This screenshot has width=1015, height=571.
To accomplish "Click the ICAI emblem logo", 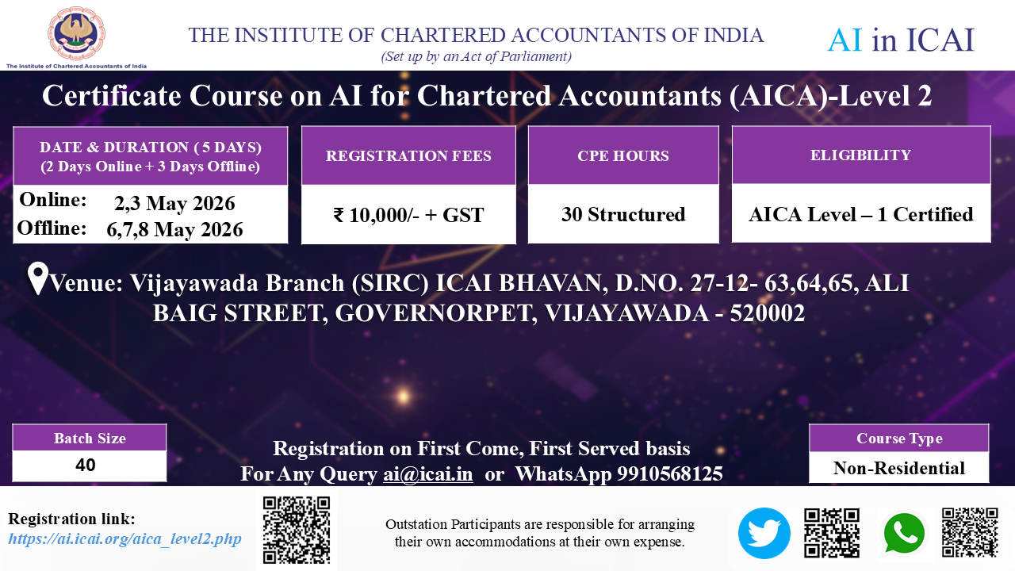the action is tap(77, 33).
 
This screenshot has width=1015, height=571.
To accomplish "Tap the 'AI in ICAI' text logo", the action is tap(901, 40).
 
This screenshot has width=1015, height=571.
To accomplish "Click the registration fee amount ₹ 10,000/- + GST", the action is tap(408, 215).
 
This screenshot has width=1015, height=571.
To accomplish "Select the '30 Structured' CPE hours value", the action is tap(623, 214).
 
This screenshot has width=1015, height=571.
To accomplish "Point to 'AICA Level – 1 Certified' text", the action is tap(861, 214).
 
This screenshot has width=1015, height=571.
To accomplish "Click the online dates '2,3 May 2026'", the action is tap(174, 203).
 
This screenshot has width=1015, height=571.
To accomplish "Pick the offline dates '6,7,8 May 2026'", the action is tap(174, 229).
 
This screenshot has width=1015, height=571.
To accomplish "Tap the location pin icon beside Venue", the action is tap(37, 278).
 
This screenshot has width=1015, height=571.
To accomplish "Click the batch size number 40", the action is tap(85, 465).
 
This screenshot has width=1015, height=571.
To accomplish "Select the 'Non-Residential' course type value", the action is tap(899, 468).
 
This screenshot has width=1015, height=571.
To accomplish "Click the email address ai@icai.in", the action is tap(427, 474).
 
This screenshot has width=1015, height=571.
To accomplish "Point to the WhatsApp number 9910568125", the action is tap(670, 474).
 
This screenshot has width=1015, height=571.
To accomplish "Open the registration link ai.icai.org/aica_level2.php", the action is tap(124, 538).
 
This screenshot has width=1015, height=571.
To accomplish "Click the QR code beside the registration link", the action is tap(297, 530).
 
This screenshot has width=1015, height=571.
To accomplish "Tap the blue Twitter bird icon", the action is tap(764, 533).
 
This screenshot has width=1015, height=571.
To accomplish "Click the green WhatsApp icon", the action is tap(904, 534).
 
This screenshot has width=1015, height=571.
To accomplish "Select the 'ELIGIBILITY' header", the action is tap(861, 155).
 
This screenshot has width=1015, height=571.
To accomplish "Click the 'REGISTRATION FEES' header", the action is tap(408, 156).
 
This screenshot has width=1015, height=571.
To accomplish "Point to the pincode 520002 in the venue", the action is tap(767, 312).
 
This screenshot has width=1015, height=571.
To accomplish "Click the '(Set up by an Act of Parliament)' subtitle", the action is tap(477, 56).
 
